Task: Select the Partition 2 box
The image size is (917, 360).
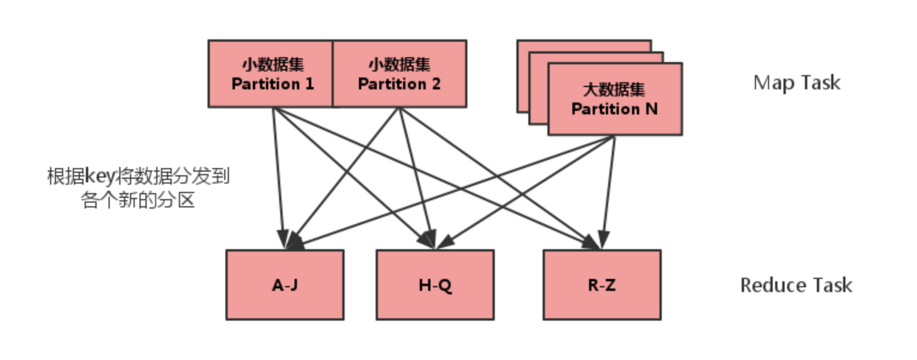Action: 399,74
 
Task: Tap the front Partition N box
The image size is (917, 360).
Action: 614,100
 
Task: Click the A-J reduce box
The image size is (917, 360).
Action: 284,285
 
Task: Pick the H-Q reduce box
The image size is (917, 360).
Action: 435,285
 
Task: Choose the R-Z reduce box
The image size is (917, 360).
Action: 602,285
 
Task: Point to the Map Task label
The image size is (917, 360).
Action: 797,82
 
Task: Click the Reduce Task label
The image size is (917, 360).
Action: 796,285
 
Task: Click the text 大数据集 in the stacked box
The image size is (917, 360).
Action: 614,90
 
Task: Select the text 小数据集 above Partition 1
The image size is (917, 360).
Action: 272,64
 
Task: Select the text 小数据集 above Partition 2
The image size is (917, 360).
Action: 399,64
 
